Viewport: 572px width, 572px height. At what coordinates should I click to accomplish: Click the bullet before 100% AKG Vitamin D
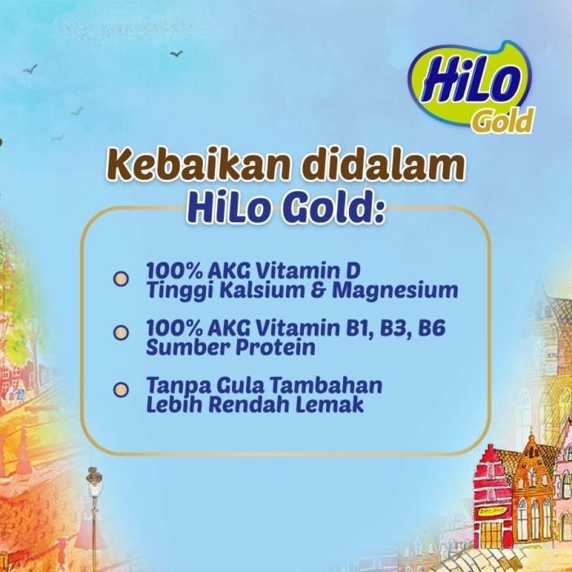pos(120,279)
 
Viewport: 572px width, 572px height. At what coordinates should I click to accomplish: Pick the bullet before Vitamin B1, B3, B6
pos(120,332)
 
